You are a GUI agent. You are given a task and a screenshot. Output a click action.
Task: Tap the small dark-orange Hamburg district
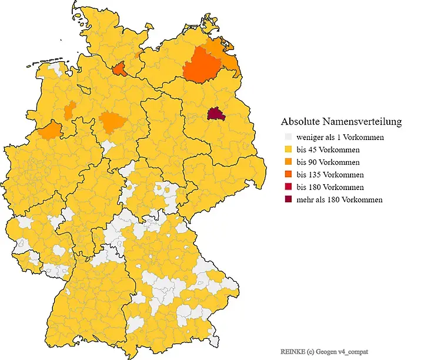tap(119, 70)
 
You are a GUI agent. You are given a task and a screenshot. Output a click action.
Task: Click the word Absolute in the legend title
tap(300, 122)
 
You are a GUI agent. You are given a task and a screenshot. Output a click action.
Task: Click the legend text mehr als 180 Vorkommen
tap(339, 199)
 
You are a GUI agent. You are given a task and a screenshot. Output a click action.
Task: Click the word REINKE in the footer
tap(293, 351)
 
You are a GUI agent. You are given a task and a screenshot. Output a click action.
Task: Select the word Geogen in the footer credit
tap(328, 351)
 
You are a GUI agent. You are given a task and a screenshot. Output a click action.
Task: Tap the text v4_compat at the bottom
tap(354, 351)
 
